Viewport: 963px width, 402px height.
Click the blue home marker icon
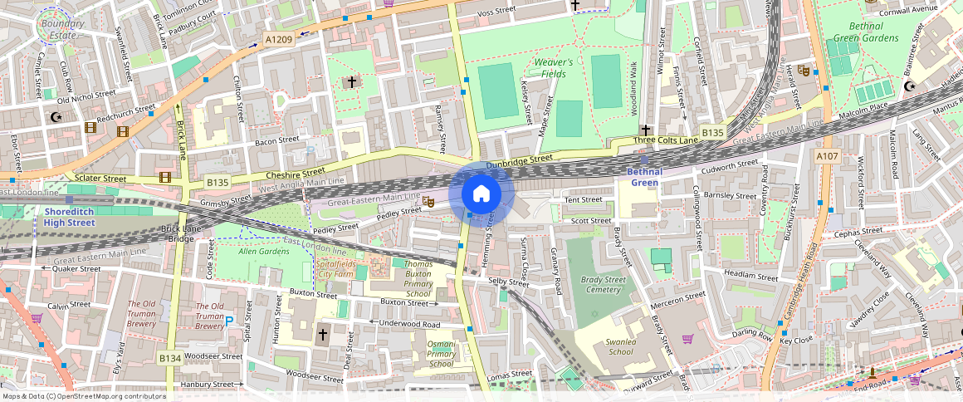[481, 194]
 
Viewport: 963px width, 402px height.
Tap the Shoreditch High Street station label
[71, 217]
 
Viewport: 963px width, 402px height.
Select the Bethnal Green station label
[644, 177]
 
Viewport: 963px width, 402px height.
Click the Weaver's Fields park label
[553, 68]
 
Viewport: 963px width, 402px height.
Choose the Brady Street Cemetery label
[604, 285]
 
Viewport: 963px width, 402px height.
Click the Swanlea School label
[619, 346]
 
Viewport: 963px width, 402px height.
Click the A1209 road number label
[279, 38]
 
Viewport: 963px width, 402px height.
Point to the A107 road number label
[827, 155]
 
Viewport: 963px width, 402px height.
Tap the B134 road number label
[170, 358]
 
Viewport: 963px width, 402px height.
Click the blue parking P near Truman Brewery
[229, 321]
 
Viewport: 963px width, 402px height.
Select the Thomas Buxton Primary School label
[418, 279]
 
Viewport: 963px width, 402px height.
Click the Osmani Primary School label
[440, 354]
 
